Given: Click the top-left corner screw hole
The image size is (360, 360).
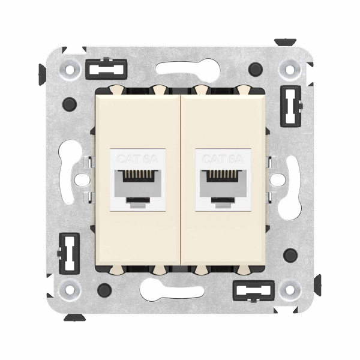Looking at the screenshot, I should (x=71, y=70).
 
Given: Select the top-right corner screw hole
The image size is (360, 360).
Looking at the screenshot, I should (x=290, y=70).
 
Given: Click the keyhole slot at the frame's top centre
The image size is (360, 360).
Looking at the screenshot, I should (x=180, y=70).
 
